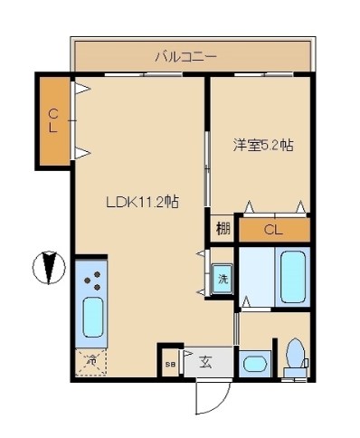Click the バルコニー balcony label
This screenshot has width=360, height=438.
(185, 57)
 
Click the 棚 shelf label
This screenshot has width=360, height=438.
(223, 229)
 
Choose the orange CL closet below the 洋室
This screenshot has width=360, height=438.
(273, 229)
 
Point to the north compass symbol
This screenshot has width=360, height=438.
(51, 267)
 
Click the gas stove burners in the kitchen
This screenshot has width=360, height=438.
(91, 281)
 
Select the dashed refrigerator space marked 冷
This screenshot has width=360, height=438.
(90, 362)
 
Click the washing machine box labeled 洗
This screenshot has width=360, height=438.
(223, 280)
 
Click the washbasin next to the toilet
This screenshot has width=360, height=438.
(256, 365)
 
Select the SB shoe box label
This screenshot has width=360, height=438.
(170, 364)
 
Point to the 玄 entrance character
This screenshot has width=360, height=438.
(205, 363)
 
